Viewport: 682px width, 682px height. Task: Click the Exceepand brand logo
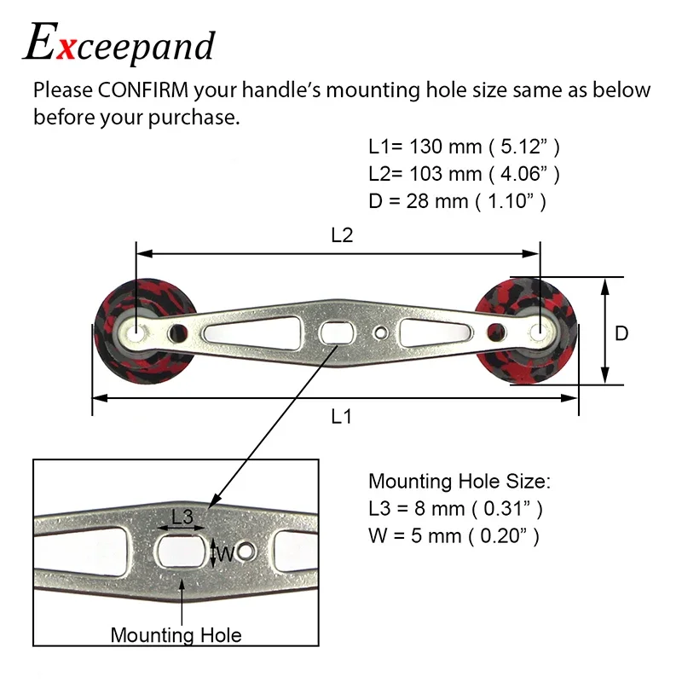(x=119, y=44)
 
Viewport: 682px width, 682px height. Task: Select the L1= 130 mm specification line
(x=464, y=147)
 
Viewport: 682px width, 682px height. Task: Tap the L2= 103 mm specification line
(x=464, y=175)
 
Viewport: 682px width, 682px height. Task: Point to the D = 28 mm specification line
(x=457, y=203)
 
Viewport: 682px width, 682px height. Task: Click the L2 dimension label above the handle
(x=341, y=236)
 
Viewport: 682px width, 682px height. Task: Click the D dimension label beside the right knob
(x=621, y=333)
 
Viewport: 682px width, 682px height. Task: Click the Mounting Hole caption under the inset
(x=176, y=635)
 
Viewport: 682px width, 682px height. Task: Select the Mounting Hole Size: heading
(x=459, y=482)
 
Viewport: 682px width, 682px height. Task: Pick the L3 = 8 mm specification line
(x=455, y=509)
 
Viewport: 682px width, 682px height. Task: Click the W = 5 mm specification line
(x=454, y=536)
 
